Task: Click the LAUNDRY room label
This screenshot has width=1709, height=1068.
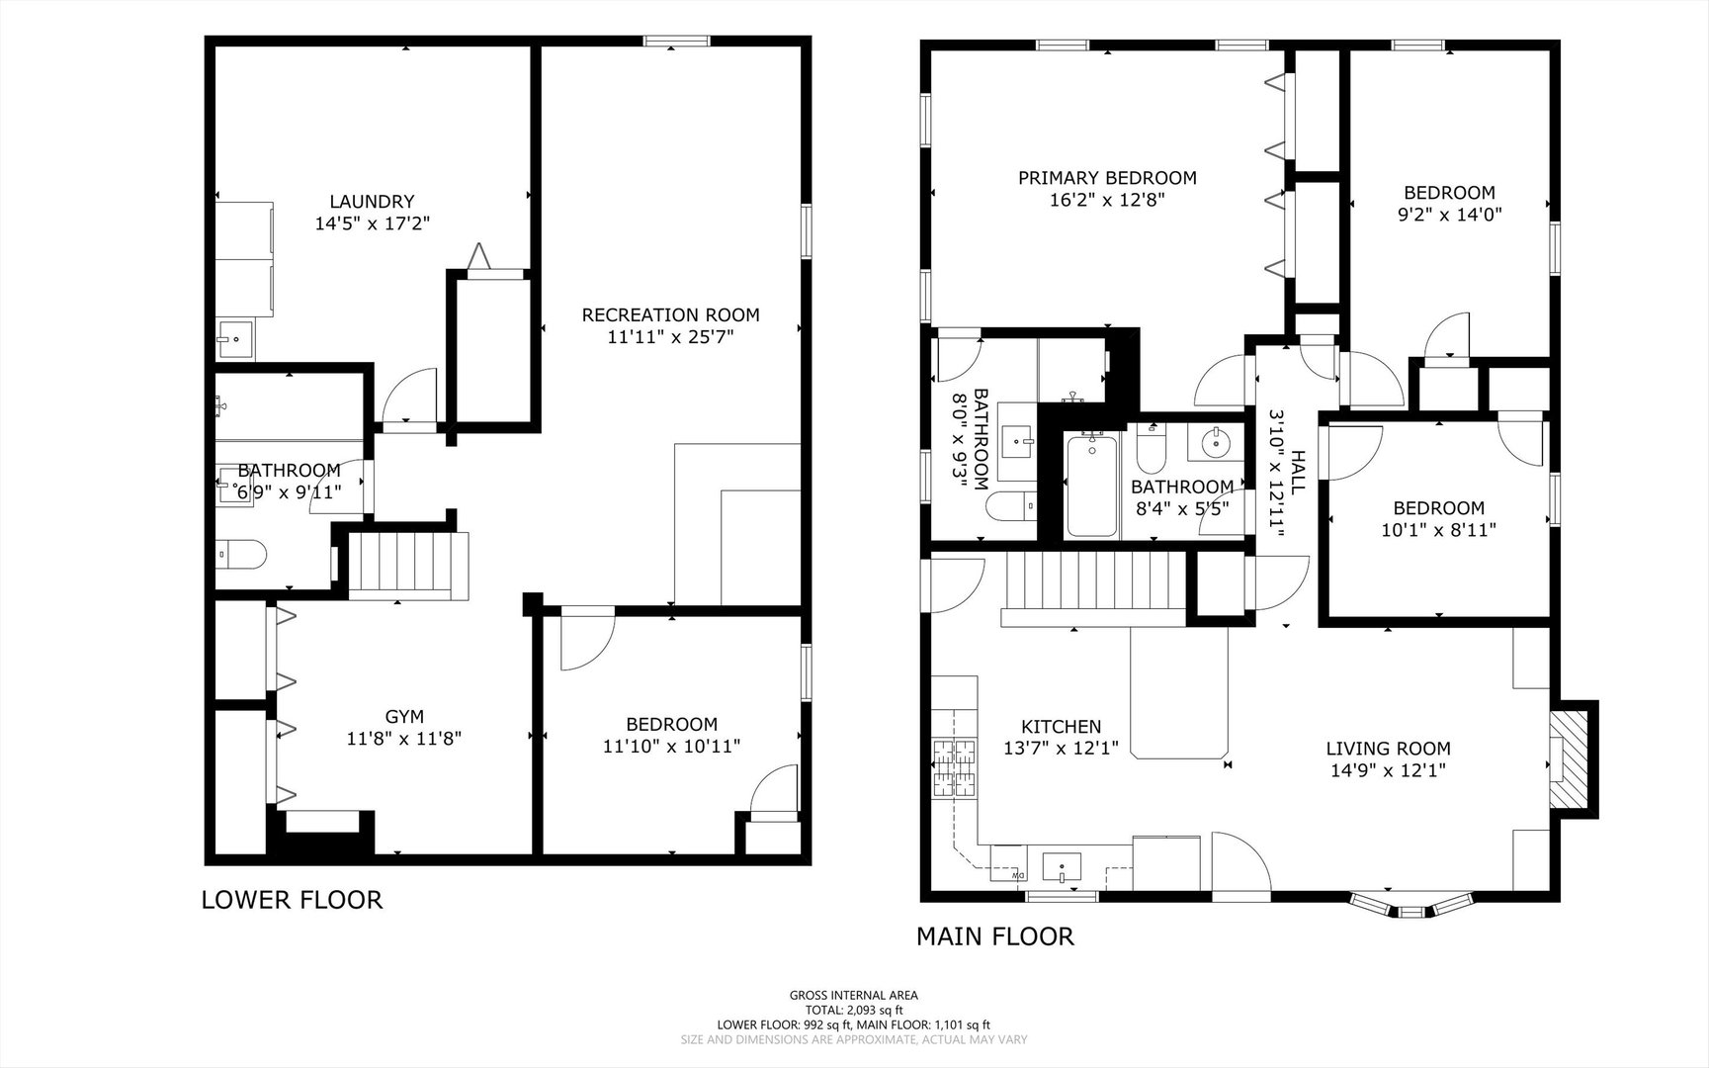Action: click(x=372, y=202)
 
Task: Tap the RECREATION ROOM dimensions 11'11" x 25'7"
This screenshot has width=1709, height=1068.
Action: click(x=670, y=337)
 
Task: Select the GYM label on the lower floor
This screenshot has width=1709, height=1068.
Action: click(x=404, y=716)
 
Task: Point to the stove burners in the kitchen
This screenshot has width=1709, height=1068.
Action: click(x=953, y=768)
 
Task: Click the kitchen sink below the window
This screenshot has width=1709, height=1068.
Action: click(x=1062, y=867)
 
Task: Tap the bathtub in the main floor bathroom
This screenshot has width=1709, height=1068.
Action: click(x=1091, y=486)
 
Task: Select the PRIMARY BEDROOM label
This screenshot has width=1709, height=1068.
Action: click(x=1107, y=178)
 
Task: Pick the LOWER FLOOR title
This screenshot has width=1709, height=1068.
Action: click(x=292, y=900)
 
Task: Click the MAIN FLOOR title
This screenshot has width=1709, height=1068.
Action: click(x=994, y=935)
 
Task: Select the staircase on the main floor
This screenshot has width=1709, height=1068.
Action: click(x=1095, y=585)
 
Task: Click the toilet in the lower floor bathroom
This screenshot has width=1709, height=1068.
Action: click(x=240, y=555)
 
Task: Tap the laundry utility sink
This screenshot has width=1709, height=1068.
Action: click(x=235, y=339)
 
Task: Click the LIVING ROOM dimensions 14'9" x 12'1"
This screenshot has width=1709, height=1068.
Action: click(x=1388, y=770)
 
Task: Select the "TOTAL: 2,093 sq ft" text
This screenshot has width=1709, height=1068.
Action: click(x=853, y=1010)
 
